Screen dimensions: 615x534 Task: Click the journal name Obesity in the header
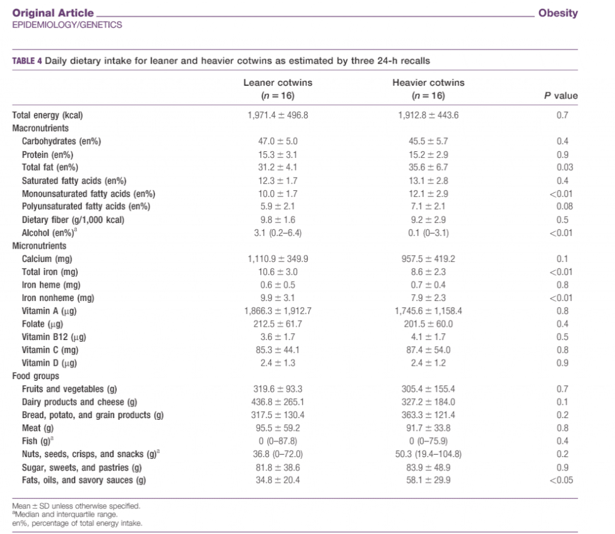558,13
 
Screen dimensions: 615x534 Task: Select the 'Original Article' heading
53,13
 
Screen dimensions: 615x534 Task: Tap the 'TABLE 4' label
26,61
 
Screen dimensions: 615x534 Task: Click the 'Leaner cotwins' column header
277,83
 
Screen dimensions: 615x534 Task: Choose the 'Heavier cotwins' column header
428,83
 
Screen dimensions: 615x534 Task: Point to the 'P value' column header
561,96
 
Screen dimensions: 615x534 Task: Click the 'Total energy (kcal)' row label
47,115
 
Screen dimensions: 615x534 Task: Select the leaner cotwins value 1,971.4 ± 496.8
277,115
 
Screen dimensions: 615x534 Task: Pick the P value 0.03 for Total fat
565,168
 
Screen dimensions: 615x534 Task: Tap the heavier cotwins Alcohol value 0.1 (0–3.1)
428,233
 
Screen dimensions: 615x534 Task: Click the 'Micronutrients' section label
39,246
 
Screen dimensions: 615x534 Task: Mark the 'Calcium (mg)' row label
47,259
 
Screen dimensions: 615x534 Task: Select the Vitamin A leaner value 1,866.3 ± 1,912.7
277,311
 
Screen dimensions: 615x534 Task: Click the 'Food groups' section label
35,376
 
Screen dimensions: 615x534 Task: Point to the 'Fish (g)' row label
38,441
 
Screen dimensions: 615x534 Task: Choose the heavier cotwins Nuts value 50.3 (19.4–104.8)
428,454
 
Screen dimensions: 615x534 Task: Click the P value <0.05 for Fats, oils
562,481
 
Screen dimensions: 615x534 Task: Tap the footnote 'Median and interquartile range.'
65,514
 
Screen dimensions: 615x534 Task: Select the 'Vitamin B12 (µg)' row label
53,337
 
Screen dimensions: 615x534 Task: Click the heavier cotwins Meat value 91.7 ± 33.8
428,428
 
